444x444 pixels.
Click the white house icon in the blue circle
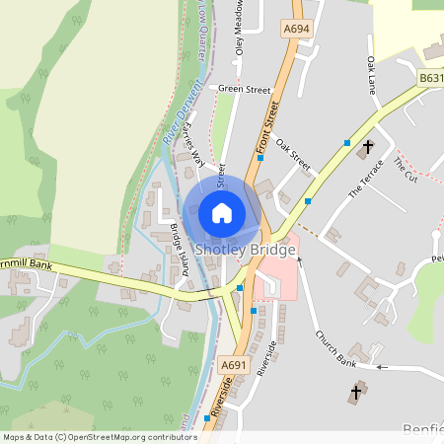point(222,212)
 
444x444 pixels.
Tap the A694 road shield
point(295,31)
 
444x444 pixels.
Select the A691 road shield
point(233,365)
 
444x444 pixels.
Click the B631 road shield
point(430,77)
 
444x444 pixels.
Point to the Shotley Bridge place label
point(244,250)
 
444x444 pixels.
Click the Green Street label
point(244,90)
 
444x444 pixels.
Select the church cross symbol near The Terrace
point(368,148)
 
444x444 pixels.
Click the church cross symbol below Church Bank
point(355,394)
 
